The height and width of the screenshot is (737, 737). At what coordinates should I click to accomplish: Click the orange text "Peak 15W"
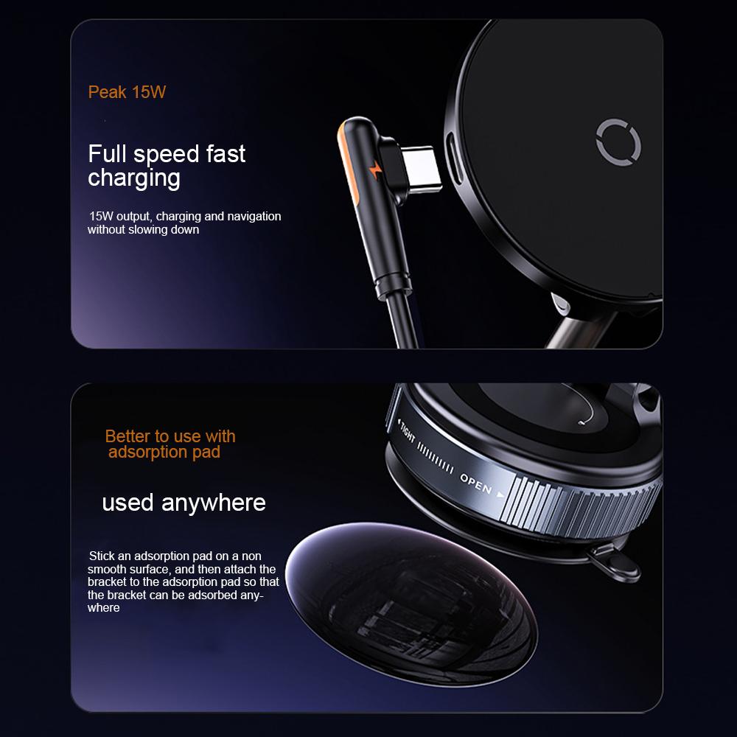click(x=127, y=93)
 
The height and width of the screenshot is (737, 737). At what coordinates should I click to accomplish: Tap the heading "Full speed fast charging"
click(x=167, y=166)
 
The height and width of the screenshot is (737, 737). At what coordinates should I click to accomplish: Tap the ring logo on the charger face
click(x=619, y=139)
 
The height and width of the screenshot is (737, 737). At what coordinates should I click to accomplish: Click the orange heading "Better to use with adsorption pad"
click(x=170, y=444)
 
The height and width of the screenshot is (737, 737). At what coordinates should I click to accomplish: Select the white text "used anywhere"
click(x=184, y=503)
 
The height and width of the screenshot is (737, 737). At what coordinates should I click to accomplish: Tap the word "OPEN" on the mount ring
click(x=476, y=483)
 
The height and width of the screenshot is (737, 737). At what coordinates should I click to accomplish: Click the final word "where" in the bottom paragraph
click(x=103, y=608)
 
